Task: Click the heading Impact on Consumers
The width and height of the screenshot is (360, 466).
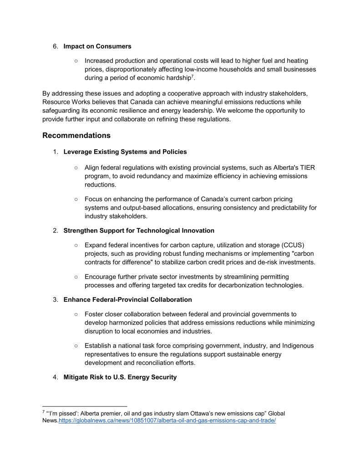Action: [x=97, y=46]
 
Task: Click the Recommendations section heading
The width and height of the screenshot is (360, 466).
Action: [x=76, y=135]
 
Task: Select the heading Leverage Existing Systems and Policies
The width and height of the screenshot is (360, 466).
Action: [x=125, y=152]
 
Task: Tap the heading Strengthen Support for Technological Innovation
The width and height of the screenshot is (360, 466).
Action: [x=139, y=231]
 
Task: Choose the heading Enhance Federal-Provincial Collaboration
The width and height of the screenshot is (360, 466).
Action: [x=127, y=299]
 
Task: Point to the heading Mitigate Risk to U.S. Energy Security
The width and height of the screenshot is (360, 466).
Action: [x=120, y=377]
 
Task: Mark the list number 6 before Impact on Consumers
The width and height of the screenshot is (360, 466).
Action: [x=56, y=46]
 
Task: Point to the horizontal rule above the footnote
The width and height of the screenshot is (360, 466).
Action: [x=84, y=406]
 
